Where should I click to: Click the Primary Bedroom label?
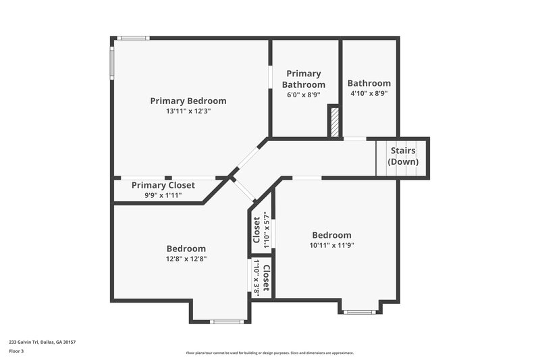pos(188,101)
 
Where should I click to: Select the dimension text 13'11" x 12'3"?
pos(188,111)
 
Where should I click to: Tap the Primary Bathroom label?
pos(303,79)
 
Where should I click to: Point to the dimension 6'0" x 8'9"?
pos(303,95)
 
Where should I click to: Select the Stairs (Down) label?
pos(402,156)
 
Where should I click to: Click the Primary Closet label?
pos(163,185)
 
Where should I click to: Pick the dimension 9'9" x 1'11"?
pos(163,195)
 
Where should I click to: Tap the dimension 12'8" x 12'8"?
pos(186,258)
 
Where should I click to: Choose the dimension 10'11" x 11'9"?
pos(331,245)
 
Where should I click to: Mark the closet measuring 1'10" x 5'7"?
pos(261,230)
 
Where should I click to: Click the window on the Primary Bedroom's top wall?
pos(132,38)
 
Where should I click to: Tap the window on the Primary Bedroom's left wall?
pos(113,63)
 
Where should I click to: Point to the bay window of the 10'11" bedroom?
pos(359,311)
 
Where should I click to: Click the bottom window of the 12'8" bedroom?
pos(226,322)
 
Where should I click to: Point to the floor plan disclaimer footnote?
pos(269,353)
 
